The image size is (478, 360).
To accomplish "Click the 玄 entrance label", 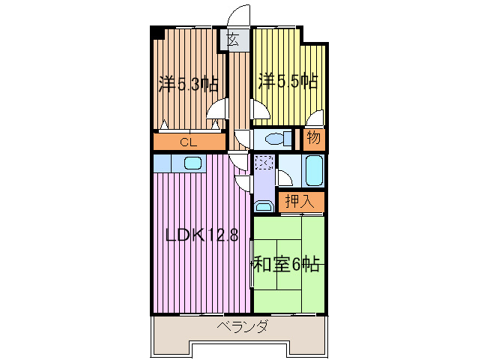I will click(233, 41).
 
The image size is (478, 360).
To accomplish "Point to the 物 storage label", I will click(314, 139).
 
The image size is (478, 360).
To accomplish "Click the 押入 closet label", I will click(303, 201).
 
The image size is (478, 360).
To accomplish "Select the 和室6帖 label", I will click(287, 264).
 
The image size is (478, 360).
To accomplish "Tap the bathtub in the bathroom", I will click(314, 171).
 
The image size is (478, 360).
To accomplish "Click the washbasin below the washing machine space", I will click(263, 205).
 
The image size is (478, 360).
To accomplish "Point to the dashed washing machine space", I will click(263, 161).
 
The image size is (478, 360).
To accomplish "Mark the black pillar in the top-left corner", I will click(157, 33).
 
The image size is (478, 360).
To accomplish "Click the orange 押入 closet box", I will click(303, 201).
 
